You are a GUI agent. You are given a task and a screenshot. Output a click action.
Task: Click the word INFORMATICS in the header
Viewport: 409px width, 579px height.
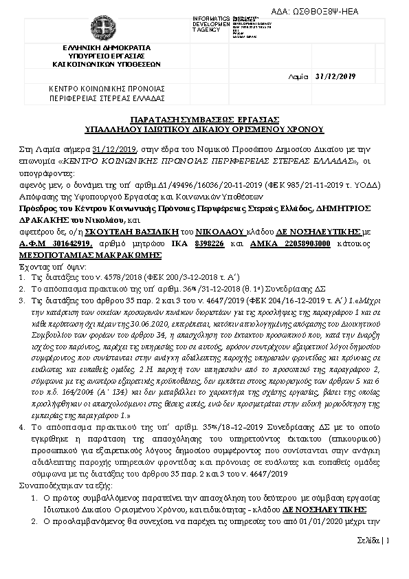(212, 17)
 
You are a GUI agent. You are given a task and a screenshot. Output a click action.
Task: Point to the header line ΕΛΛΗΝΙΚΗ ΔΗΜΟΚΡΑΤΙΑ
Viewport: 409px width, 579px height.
(106, 47)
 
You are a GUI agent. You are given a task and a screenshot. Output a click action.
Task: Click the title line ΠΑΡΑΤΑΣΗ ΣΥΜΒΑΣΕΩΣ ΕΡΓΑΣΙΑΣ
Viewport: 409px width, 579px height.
(204, 119)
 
